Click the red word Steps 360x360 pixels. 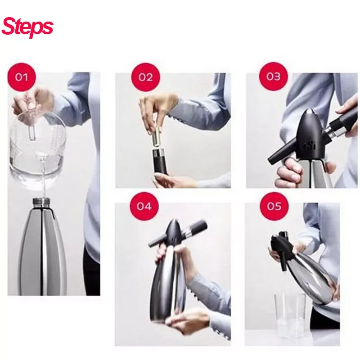point(27,27)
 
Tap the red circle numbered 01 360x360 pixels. point(22,77)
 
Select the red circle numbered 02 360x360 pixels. point(145,77)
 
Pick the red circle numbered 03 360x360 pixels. point(274,76)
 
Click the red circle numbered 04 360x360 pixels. point(144,206)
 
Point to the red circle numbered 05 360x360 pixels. point(274,206)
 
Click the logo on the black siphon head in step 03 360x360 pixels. point(310,146)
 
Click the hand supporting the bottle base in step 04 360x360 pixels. point(184,321)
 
